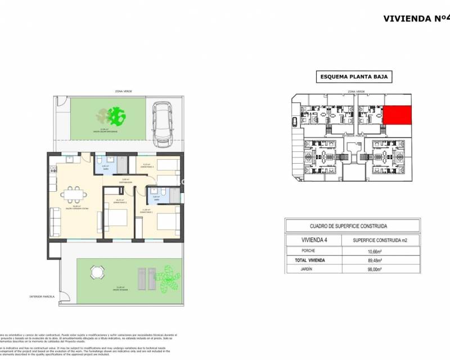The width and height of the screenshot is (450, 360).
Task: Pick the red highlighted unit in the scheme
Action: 397,115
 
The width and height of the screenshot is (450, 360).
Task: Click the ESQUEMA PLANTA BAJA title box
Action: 352,78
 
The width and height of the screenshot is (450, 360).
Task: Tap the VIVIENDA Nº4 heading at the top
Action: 415,18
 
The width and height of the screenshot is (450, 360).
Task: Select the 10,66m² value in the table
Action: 370,250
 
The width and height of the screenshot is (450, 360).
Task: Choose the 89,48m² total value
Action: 370,260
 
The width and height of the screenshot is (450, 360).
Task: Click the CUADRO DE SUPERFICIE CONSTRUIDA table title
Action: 352,226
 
